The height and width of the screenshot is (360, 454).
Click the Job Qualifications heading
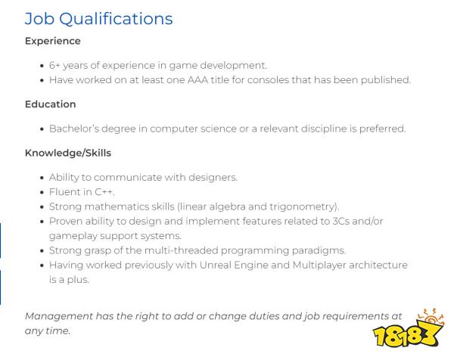tap(98, 19)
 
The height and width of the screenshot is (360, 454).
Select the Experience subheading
tap(53, 41)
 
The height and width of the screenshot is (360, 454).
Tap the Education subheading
tap(51, 104)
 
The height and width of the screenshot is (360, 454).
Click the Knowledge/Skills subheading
tap(68, 153)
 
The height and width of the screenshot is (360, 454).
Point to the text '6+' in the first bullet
tap(54, 65)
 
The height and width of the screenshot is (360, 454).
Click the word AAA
tap(197, 80)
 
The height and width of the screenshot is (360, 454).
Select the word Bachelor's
tap(74, 129)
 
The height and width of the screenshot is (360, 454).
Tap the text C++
tap(104, 192)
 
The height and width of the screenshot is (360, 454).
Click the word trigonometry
tap(304, 207)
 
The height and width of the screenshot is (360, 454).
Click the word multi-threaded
tap(181, 250)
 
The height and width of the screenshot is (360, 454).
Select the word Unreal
tap(215, 265)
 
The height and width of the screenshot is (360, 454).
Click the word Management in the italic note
tap(59, 316)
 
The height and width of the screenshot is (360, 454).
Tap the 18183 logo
tap(409, 329)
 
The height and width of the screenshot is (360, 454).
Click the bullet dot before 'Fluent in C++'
tap(42, 192)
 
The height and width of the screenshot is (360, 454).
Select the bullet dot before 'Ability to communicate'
tap(42, 178)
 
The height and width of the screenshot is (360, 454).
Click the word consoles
tap(268, 80)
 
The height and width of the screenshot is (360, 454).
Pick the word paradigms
tap(319, 250)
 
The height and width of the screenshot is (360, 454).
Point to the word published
tap(386, 80)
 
